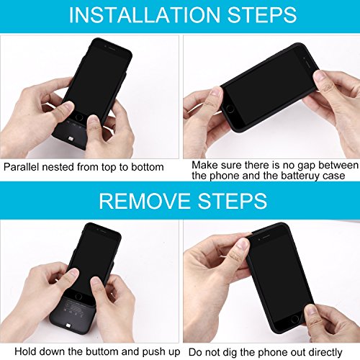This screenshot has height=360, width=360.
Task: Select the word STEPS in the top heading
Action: click(x=262, y=15)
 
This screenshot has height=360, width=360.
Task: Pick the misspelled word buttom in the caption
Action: click(x=102, y=352)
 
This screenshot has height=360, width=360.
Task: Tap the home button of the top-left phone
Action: click(x=78, y=117)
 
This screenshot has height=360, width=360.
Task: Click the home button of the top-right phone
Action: click(x=230, y=109)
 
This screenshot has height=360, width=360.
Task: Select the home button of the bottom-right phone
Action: click(x=294, y=319)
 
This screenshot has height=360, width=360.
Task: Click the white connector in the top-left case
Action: click(x=71, y=139)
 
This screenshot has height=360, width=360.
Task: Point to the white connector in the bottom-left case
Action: click(x=69, y=326)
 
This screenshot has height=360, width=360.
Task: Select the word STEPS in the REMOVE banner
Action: click(x=233, y=201)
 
